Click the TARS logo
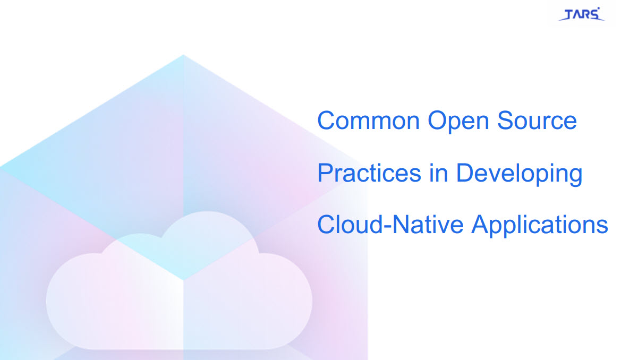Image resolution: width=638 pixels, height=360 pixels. coord(581,14)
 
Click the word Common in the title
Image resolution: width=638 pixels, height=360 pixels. coord(369,121)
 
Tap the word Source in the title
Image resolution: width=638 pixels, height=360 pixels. coord(537,121)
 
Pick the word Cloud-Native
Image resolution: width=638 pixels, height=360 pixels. coord(390,225)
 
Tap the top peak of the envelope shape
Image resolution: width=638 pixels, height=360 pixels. coord(183,55)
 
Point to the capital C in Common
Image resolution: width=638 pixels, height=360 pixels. coord(327,121)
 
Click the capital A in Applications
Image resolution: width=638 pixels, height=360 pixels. coord(481,225)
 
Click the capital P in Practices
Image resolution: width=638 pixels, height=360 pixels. coord(325,173)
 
